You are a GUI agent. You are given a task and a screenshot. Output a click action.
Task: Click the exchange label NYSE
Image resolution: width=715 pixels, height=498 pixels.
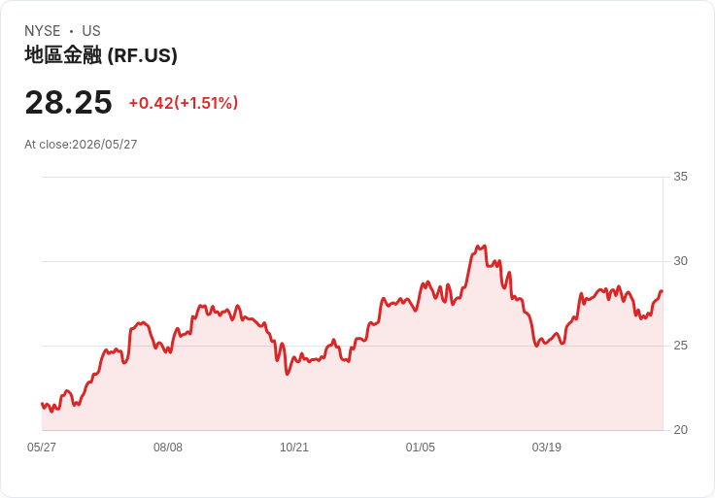click(x=43, y=31)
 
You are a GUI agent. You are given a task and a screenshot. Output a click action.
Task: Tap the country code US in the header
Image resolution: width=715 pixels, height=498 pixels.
click(x=91, y=31)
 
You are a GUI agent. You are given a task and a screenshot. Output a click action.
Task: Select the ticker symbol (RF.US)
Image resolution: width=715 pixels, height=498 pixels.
click(x=142, y=55)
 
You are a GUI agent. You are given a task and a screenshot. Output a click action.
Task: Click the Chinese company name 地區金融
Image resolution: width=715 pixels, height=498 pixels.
click(x=63, y=55)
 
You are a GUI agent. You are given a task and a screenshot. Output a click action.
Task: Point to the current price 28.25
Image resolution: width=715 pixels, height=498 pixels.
click(x=68, y=102)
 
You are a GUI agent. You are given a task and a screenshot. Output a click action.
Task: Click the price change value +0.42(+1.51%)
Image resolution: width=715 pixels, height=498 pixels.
click(x=184, y=103)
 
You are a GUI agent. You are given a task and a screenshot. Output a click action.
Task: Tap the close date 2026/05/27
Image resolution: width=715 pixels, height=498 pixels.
click(x=104, y=145)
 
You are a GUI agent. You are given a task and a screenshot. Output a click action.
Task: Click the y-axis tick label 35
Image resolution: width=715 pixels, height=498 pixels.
click(x=680, y=177)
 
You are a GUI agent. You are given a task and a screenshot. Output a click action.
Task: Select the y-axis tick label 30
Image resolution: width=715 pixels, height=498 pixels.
click(x=680, y=261)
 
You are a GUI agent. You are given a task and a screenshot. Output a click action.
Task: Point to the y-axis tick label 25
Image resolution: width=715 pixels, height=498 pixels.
click(x=680, y=346)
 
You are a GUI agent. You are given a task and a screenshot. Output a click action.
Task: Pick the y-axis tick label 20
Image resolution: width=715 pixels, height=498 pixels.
click(x=680, y=430)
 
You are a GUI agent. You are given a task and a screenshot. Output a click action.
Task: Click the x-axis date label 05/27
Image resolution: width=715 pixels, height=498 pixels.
click(x=42, y=448)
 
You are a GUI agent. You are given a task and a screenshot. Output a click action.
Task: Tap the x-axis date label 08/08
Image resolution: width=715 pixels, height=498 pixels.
click(x=168, y=448)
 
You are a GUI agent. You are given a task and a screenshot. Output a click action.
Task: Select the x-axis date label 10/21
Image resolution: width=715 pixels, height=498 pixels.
click(x=294, y=448)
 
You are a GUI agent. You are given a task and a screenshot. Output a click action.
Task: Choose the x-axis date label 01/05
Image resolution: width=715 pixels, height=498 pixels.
click(x=421, y=448)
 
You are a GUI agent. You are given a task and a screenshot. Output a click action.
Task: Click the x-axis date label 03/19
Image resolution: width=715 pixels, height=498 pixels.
click(x=546, y=448)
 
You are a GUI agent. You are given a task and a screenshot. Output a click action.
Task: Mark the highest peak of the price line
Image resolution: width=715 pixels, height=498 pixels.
click(x=484, y=246)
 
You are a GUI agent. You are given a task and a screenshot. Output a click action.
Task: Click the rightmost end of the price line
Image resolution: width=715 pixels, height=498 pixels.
click(x=662, y=291)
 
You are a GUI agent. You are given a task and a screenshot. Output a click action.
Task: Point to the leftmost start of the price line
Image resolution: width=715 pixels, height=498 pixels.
click(x=42, y=404)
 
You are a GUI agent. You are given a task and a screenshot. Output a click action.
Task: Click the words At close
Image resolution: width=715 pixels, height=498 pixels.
click(x=48, y=145)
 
